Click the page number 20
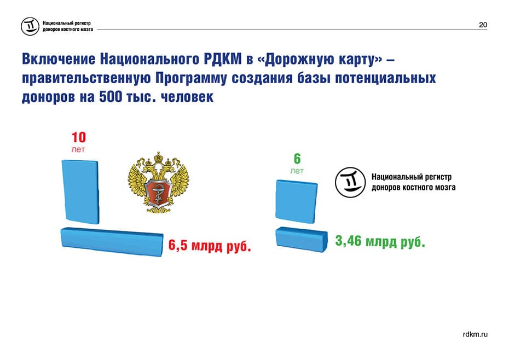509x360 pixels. click(483, 25)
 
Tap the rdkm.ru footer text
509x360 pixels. click(475, 334)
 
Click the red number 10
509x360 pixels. click(79, 137)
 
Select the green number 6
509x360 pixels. click(297, 159)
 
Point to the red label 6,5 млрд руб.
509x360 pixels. click(210, 246)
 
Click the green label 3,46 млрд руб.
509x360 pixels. click(380, 241)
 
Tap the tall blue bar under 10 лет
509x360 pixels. click(80, 191)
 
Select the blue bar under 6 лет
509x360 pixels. click(297, 201)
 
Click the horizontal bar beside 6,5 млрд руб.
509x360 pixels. click(112, 242)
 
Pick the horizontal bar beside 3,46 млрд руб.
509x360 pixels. click(302, 240)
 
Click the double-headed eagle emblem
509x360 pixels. click(158, 182)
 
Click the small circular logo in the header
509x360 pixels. click(30, 26)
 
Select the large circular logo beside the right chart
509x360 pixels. click(351, 182)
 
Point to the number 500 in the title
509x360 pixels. click(111, 97)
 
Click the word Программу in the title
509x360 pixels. click(190, 79)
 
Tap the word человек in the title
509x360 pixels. click(187, 97)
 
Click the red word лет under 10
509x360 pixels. click(78, 150)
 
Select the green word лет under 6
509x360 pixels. click(297, 171)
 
